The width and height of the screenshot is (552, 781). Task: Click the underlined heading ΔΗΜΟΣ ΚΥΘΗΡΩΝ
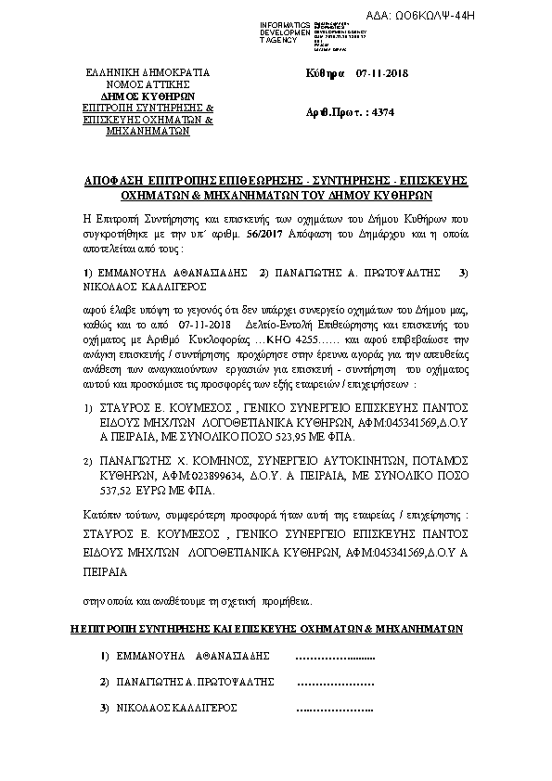[148, 96]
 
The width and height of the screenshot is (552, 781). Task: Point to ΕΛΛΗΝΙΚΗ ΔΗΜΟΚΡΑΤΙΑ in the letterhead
[148, 71]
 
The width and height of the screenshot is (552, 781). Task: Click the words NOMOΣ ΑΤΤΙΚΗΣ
[148, 83]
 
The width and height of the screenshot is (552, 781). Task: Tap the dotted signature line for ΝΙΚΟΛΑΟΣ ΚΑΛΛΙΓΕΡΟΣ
[333, 710]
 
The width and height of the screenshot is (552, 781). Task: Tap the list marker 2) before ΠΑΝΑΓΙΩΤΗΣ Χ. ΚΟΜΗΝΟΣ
[87, 461]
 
